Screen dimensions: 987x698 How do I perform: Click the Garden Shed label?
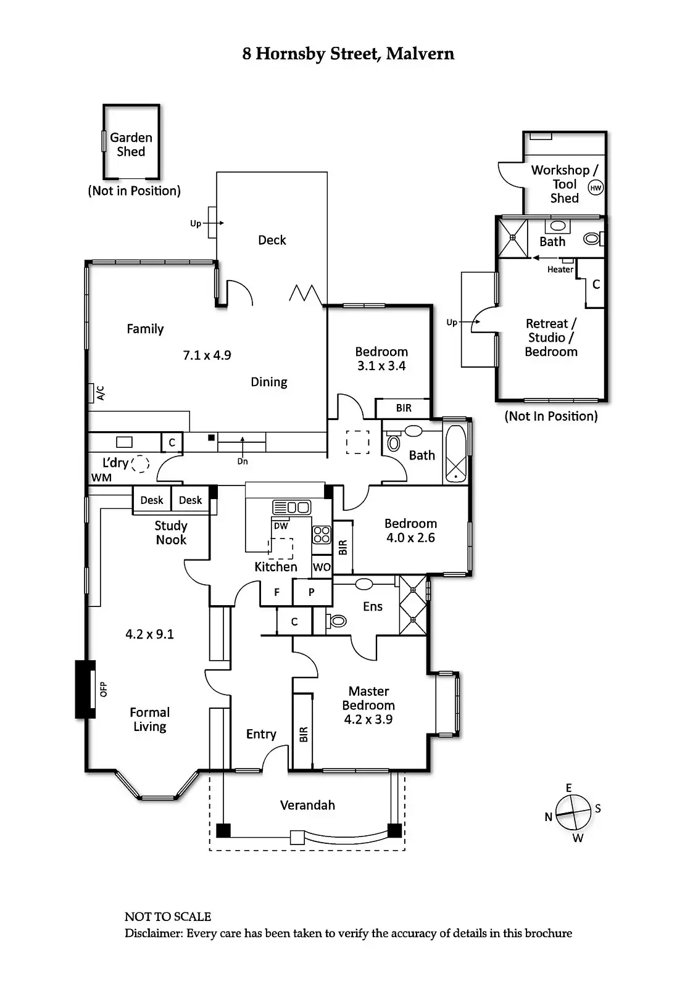click(x=131, y=144)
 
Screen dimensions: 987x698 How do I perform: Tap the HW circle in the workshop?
click(x=595, y=188)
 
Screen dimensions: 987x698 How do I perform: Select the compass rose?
click(x=574, y=812)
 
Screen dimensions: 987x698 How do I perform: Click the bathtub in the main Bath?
click(x=456, y=453)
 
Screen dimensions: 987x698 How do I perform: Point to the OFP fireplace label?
click(x=104, y=689)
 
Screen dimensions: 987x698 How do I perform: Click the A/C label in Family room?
click(x=101, y=393)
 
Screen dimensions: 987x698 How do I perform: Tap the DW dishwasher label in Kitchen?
click(x=281, y=526)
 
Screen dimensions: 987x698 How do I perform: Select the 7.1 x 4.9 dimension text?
click(x=207, y=355)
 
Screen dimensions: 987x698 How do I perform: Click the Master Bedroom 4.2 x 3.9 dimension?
click(x=368, y=719)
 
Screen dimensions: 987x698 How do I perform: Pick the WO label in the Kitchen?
click(x=322, y=567)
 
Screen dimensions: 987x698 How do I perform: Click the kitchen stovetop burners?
click(x=322, y=534)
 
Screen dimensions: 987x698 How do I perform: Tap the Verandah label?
click(x=307, y=805)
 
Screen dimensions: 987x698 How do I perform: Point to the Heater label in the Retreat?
click(x=560, y=270)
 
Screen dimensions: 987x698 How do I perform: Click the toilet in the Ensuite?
click(x=338, y=621)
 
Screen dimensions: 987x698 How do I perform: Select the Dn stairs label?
click(x=243, y=461)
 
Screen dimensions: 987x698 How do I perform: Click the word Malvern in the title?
click(x=420, y=54)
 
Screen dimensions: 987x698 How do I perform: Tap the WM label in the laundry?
click(x=101, y=477)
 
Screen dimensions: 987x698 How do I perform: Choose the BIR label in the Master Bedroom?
click(x=303, y=734)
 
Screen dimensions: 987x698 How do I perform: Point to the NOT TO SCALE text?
click(x=168, y=917)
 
